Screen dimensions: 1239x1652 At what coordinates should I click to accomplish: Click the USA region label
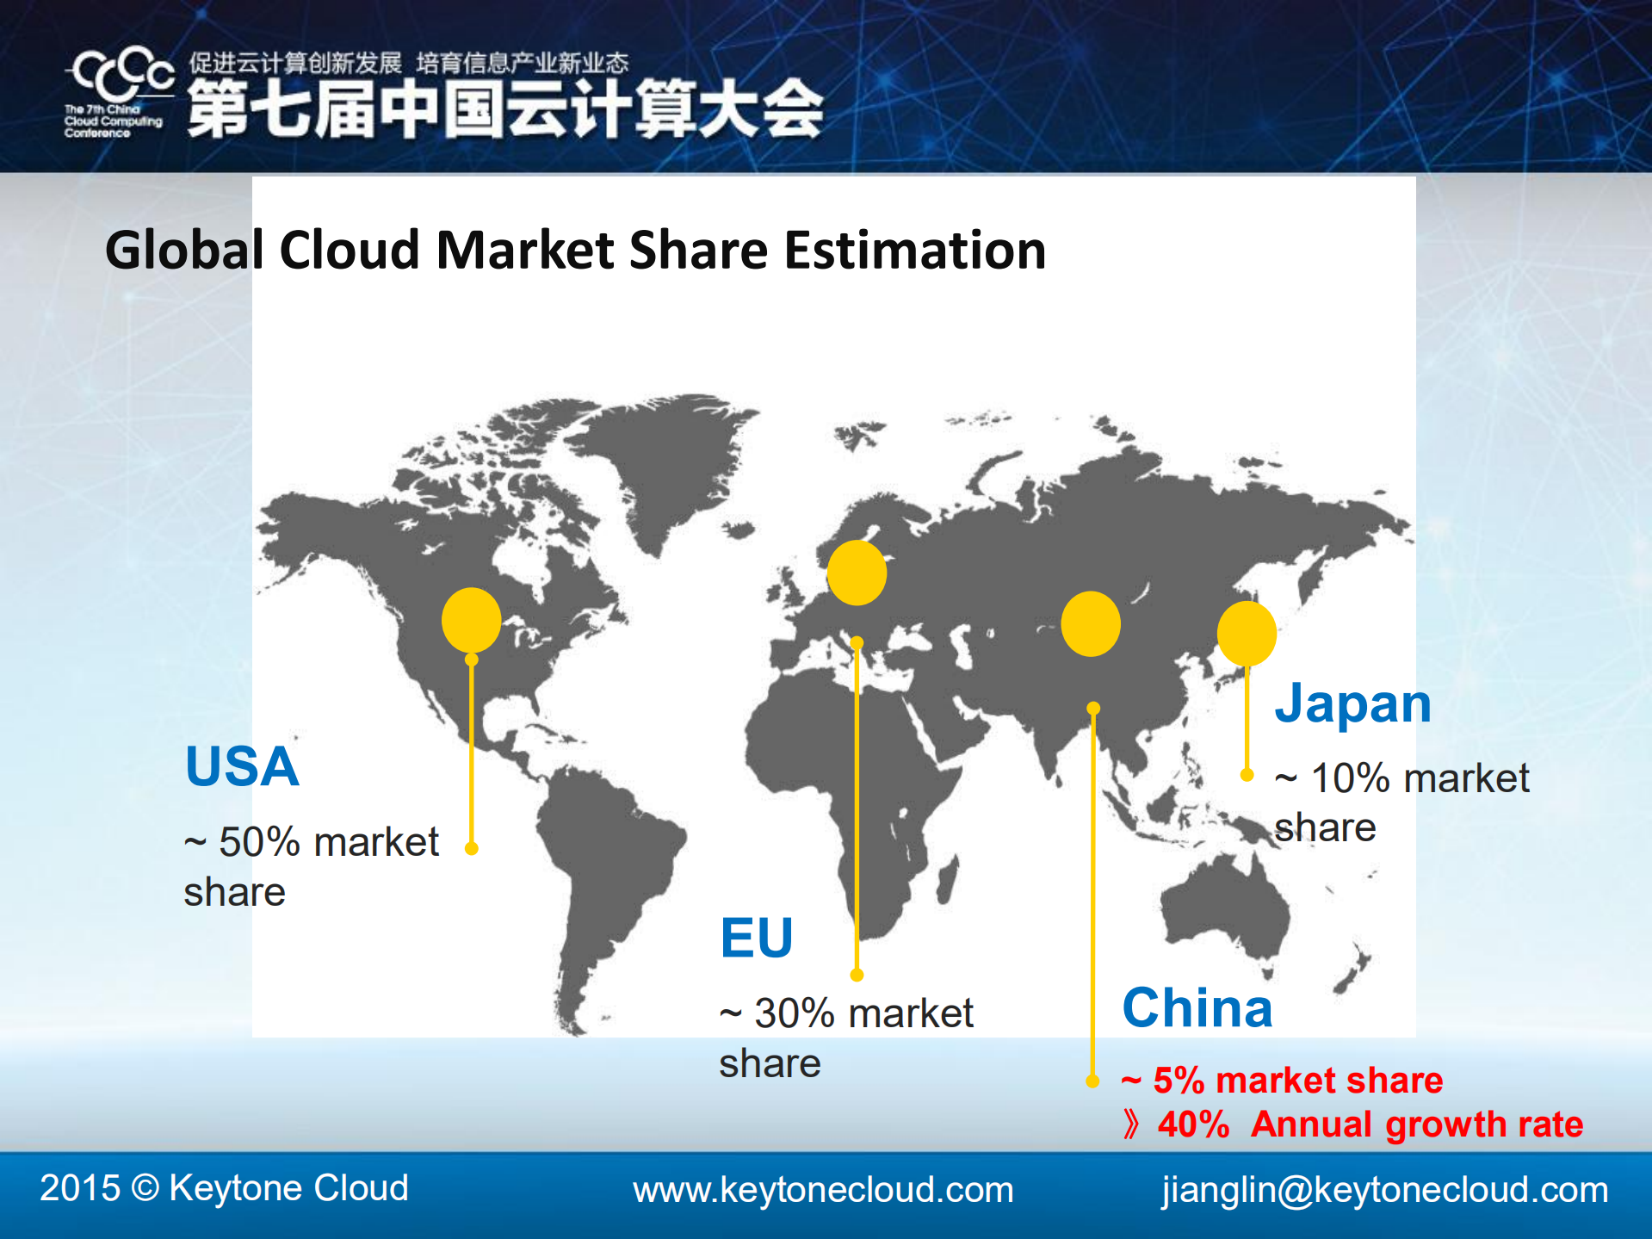point(242,766)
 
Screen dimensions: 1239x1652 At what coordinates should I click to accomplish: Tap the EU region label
point(756,938)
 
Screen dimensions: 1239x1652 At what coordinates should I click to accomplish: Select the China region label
point(1197,1007)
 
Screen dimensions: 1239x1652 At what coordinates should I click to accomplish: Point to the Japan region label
point(1352,703)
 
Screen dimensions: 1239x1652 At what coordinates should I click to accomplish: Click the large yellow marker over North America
point(471,620)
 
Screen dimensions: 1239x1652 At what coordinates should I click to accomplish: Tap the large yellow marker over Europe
point(857,573)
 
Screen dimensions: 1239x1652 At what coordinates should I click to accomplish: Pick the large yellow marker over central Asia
point(1090,623)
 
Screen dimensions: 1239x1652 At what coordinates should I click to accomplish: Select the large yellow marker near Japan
point(1246,634)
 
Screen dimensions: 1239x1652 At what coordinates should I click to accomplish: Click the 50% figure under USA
point(259,842)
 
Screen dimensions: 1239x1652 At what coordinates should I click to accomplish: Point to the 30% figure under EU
point(794,1013)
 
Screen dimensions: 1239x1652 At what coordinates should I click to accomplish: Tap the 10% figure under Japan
point(1350,778)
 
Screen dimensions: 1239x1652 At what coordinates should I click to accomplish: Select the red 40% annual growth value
point(1193,1124)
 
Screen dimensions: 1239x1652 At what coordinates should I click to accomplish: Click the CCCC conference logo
point(121,90)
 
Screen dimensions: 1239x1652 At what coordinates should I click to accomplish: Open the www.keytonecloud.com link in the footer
point(823,1190)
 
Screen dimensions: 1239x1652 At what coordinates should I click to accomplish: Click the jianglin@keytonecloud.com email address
point(1384,1190)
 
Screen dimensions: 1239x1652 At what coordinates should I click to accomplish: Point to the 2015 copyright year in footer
point(79,1188)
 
